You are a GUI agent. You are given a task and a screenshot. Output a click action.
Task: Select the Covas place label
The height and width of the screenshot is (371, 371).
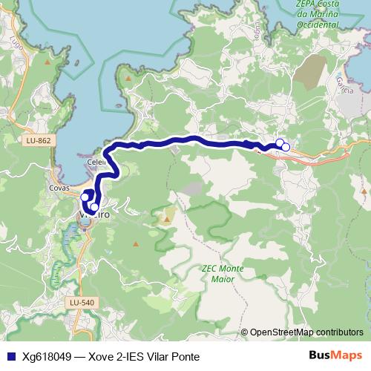coord(59,188)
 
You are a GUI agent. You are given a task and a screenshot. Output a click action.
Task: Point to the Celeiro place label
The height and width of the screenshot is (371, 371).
coord(96,160)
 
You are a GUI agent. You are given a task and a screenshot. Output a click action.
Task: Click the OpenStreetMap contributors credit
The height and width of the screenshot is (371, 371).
coord(306,332)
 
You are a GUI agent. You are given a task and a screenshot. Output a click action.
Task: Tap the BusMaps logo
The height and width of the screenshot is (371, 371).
coord(336,355)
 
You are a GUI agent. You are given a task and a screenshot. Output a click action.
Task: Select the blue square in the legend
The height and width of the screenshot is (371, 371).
coord(10,356)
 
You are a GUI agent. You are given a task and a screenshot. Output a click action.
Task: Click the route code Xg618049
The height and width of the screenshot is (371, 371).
coord(47,356)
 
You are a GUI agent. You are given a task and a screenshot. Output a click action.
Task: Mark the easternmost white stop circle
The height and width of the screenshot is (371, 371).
coord(286,146)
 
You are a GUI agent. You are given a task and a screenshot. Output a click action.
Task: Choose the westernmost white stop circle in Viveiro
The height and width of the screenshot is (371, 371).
coord(83,197)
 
